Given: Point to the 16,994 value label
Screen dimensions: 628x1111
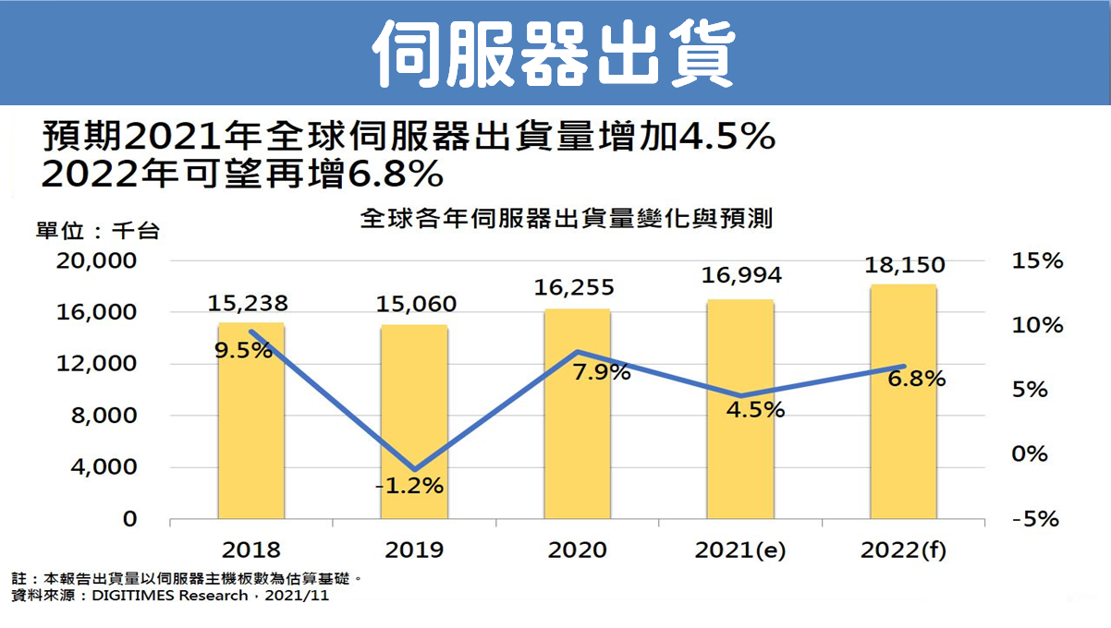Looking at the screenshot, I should pyautogui.click(x=740, y=275).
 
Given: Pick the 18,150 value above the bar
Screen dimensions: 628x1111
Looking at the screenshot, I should pyautogui.click(x=904, y=265).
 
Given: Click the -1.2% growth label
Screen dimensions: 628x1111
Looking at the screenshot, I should pyautogui.click(x=409, y=485).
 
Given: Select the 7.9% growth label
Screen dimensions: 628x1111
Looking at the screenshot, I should pyautogui.click(x=601, y=372).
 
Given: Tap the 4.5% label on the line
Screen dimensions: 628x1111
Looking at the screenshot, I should pyautogui.click(x=754, y=409).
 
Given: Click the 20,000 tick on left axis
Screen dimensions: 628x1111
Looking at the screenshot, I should pyautogui.click(x=96, y=261).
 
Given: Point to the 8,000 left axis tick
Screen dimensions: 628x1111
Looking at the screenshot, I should pyautogui.click(x=104, y=417).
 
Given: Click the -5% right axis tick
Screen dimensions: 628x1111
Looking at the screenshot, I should pyautogui.click(x=1035, y=519).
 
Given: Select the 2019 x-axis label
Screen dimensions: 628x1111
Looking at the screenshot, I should pyautogui.click(x=414, y=550).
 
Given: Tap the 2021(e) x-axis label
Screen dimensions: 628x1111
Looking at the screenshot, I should pyautogui.click(x=740, y=550).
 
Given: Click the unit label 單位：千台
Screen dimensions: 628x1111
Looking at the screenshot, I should pyautogui.click(x=97, y=231).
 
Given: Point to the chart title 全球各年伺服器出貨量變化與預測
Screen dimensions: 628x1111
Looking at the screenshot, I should pyautogui.click(x=567, y=220).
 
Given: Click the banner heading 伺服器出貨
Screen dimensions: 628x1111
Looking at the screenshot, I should pyautogui.click(x=555, y=52).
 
